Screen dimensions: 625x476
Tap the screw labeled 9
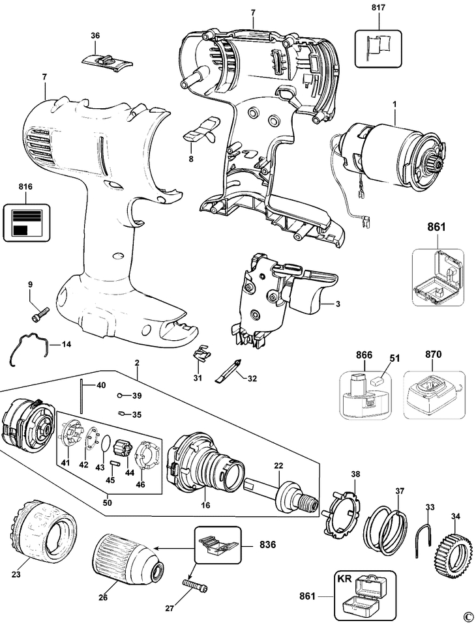(37, 313)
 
